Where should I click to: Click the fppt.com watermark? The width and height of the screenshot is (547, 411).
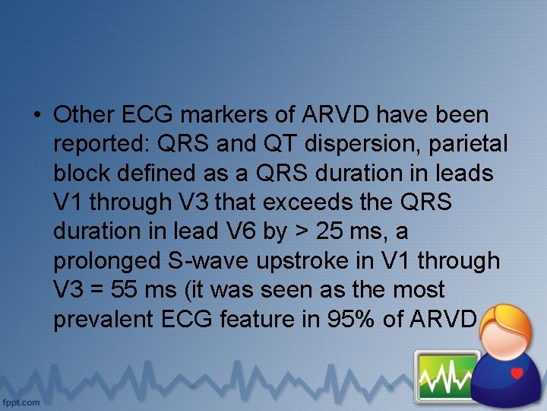click(21, 401)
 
